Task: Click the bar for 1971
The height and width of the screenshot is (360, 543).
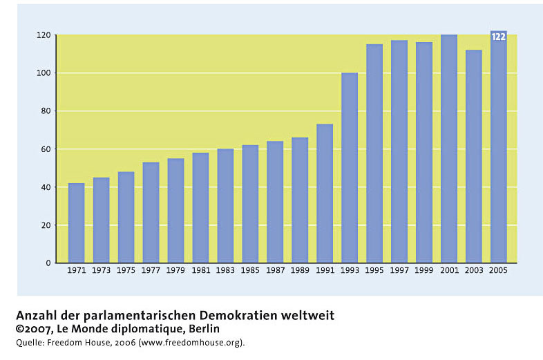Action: click(x=76, y=222)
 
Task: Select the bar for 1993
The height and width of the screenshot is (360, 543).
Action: click(x=350, y=168)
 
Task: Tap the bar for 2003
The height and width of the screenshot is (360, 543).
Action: click(x=474, y=156)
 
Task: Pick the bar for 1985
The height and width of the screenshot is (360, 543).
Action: click(x=250, y=204)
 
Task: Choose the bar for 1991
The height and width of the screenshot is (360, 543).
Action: click(x=325, y=193)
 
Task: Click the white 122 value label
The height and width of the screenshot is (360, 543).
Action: click(x=498, y=37)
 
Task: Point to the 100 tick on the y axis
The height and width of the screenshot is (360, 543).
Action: click(x=44, y=73)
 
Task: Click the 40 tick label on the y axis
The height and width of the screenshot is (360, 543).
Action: click(x=46, y=187)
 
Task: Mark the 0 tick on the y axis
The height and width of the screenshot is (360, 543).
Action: click(x=48, y=263)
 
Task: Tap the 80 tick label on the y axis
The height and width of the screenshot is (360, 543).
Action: click(x=46, y=111)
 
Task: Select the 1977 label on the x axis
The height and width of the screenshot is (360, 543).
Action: click(x=151, y=270)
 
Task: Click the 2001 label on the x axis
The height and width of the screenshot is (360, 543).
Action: click(x=449, y=270)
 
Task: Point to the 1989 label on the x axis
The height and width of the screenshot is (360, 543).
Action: click(x=300, y=270)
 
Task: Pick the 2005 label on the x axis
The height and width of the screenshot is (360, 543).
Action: click(x=498, y=270)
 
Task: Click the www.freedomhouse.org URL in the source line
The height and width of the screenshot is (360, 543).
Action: click(x=191, y=343)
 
